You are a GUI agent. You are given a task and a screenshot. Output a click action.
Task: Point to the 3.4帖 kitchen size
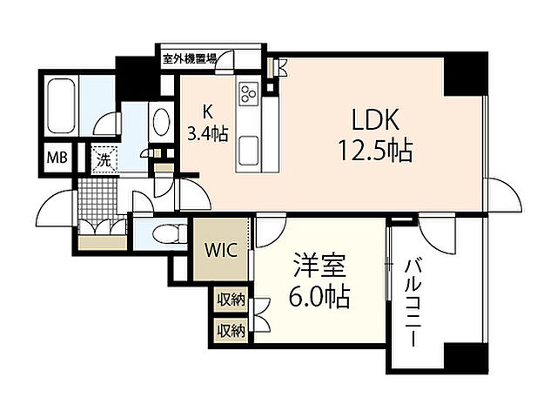206,133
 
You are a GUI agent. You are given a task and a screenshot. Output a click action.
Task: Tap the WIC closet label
219,249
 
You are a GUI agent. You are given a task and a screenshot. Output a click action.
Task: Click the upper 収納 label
231,299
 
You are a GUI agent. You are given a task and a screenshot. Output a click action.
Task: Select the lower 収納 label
231,330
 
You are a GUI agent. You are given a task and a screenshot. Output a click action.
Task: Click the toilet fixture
165,233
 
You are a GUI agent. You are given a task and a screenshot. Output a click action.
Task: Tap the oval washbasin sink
160,123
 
